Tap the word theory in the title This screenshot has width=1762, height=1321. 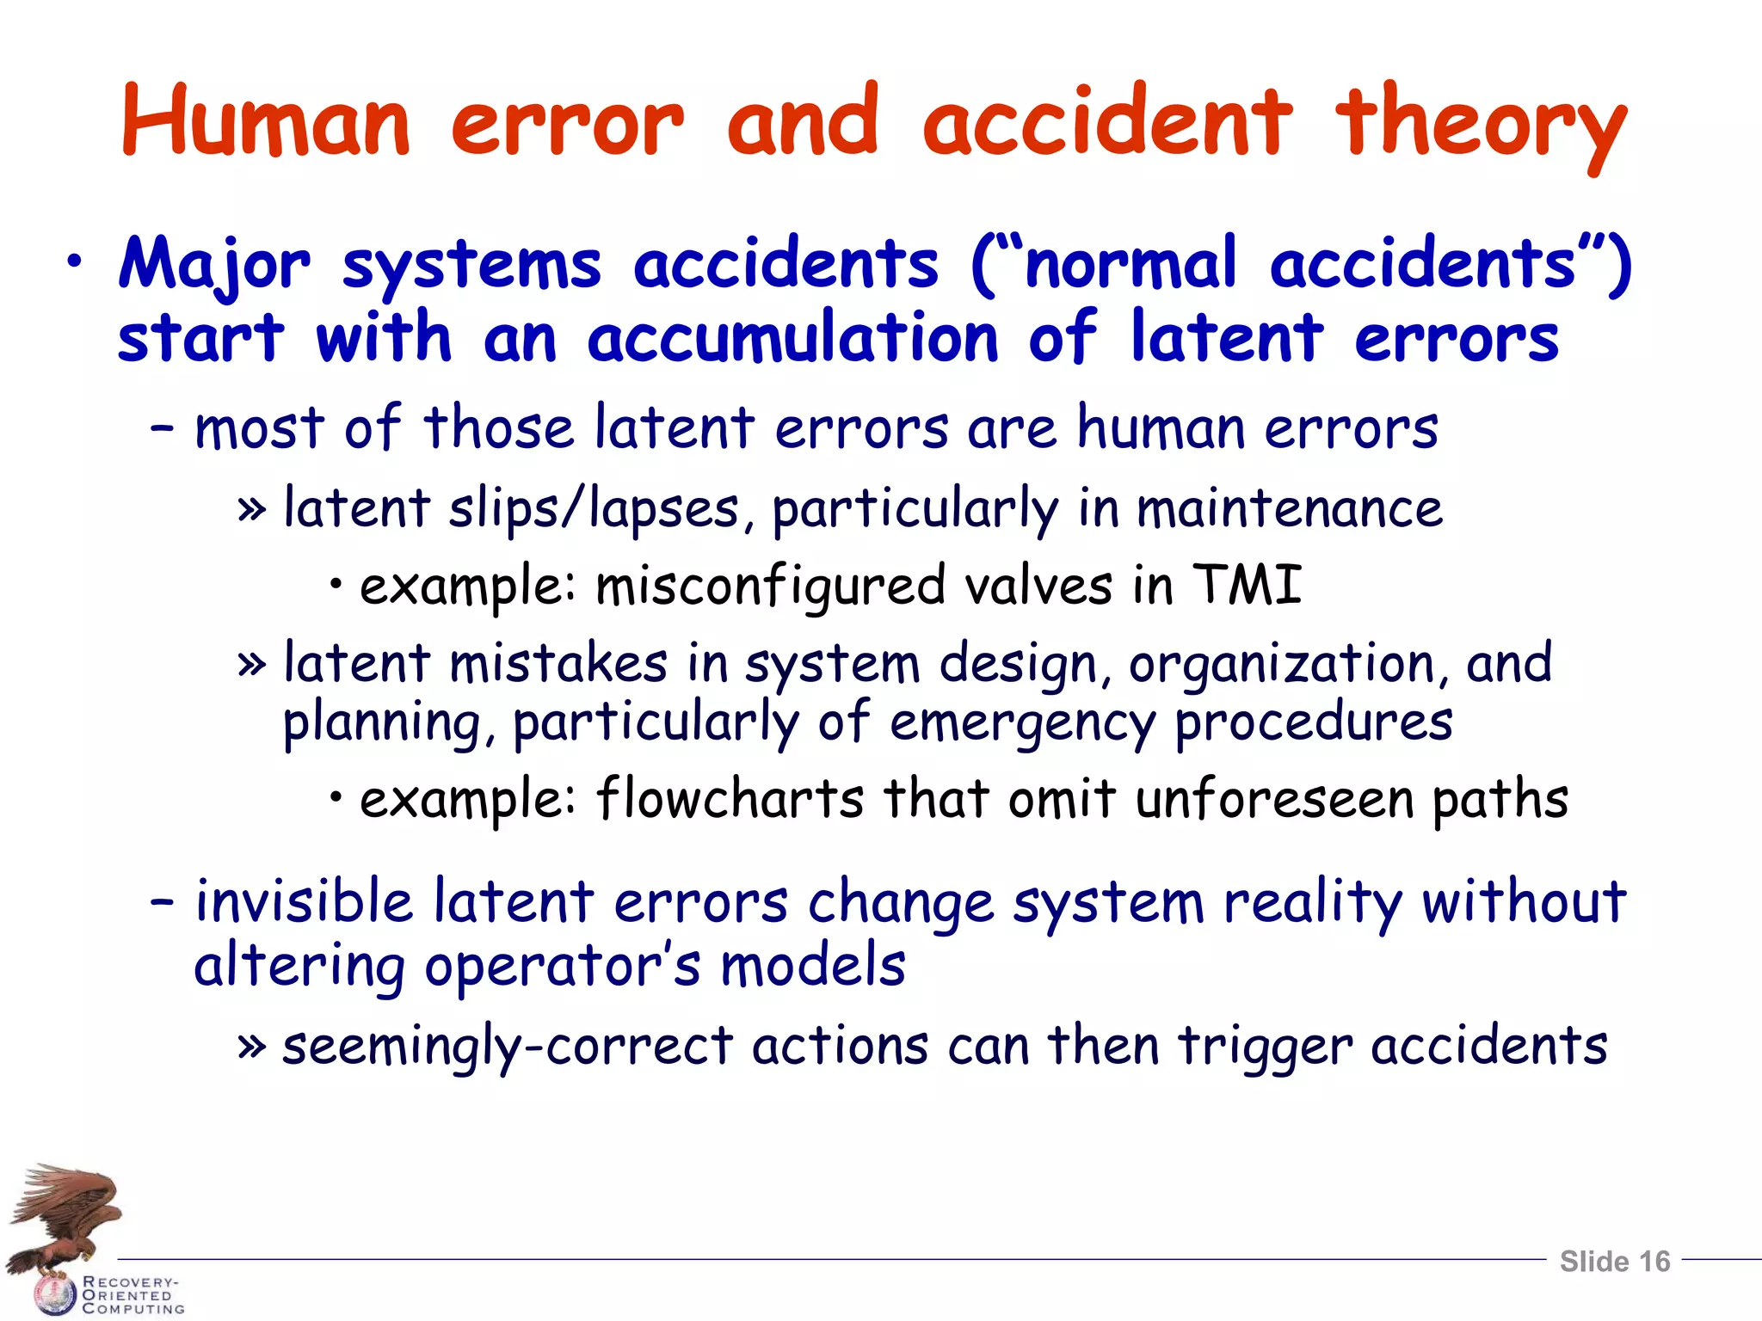(x=1479, y=125)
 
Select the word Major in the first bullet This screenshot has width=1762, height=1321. (x=213, y=264)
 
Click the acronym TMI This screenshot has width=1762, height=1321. (x=1247, y=585)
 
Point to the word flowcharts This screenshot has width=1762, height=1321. (x=730, y=798)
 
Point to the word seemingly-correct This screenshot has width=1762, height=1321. (x=508, y=1047)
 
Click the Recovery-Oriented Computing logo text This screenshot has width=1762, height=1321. (x=132, y=1295)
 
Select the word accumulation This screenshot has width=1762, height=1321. (x=792, y=338)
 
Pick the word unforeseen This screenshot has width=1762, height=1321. (x=1274, y=798)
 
